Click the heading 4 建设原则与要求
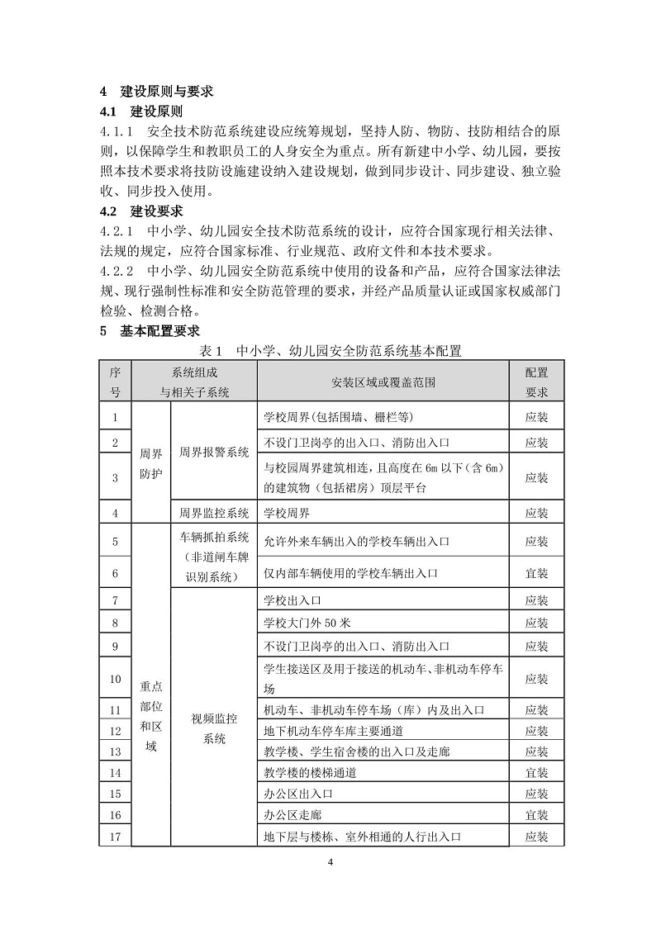(x=156, y=92)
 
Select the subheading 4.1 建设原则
(x=141, y=111)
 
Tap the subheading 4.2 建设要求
(x=141, y=211)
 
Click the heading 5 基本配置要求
(x=150, y=331)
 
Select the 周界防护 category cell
(x=151, y=463)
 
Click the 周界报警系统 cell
(x=214, y=453)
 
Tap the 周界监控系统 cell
(x=214, y=513)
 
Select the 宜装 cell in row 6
(x=536, y=572)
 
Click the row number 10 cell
(x=115, y=679)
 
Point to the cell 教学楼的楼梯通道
(x=310, y=773)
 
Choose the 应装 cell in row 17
(x=536, y=837)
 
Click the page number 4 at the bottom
(x=330, y=864)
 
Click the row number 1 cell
(x=115, y=418)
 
